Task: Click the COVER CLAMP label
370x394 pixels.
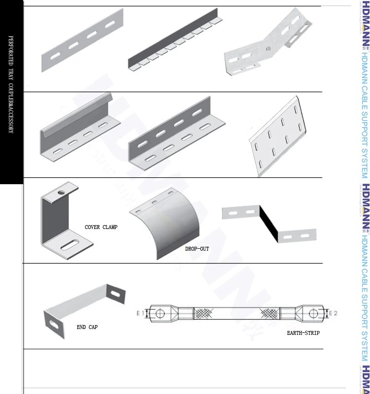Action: point(101,227)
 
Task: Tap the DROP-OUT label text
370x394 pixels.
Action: point(197,249)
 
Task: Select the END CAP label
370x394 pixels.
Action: point(87,327)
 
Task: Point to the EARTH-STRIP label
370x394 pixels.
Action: point(303,333)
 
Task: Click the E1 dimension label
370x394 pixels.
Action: point(139,313)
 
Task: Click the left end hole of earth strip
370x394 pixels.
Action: point(159,313)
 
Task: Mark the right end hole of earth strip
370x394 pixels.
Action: point(314,313)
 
